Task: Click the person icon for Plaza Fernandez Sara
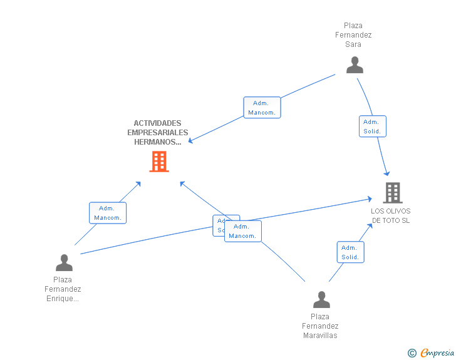[355, 65]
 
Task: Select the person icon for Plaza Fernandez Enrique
[64, 262]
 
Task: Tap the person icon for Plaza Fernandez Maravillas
[321, 299]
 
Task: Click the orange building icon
[159, 162]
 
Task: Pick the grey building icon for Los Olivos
[392, 192]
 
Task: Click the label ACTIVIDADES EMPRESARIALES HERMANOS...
[157, 132]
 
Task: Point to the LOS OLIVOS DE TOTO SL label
[390, 215]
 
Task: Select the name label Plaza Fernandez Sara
[353, 35]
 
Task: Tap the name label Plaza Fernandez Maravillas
[320, 326]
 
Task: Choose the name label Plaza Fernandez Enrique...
[63, 289]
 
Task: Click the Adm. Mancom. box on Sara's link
[261, 108]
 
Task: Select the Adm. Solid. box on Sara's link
[372, 126]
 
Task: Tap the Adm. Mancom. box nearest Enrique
[108, 213]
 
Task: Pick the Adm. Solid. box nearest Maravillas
[350, 252]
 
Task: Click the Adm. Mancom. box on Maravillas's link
[242, 231]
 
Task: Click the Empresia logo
[437, 353]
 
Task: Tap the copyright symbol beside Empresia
[412, 353]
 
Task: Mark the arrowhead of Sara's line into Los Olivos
[388, 173]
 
